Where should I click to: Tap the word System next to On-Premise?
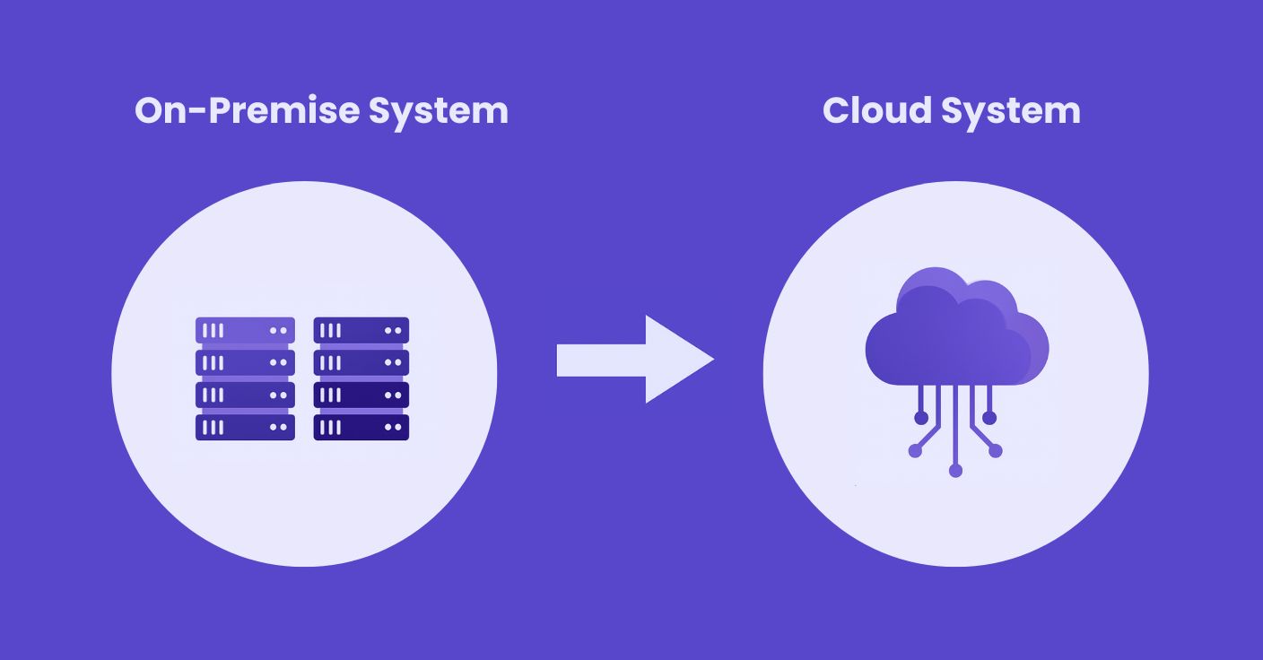[439, 111]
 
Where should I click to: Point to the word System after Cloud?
[1011, 111]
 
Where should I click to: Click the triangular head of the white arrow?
[676, 360]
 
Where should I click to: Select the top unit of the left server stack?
[245, 330]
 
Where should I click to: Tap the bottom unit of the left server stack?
[245, 427]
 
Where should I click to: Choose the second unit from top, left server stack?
[245, 362]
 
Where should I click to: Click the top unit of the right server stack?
[361, 330]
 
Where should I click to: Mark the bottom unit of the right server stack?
[361, 427]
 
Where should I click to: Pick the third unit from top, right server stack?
[361, 395]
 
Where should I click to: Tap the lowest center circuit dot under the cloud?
[955, 470]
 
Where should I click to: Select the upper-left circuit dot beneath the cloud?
[921, 418]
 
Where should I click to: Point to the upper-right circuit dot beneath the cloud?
[989, 418]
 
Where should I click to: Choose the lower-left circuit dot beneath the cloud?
[915, 451]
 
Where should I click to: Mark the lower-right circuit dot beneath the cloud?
[995, 451]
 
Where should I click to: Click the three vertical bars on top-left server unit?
[213, 330]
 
